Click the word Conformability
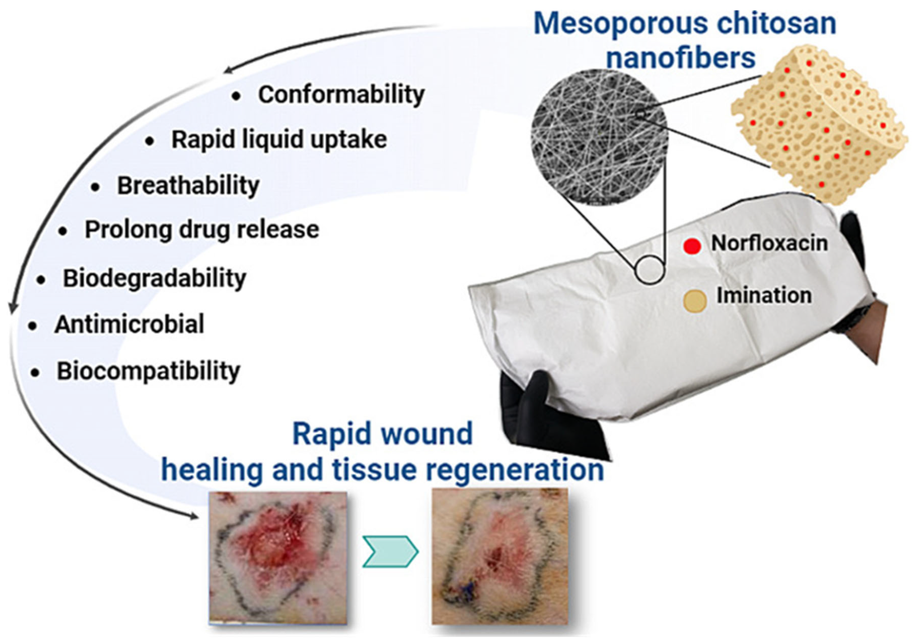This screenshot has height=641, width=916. coord(341,95)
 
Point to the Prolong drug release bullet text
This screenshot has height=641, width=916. coord(202,230)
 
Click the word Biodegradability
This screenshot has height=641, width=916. coord(154,278)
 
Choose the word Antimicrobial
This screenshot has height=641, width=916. coord(129,324)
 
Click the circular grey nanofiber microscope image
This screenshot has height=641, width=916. coord(598,137)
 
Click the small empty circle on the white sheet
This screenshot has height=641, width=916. coord(650,270)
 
